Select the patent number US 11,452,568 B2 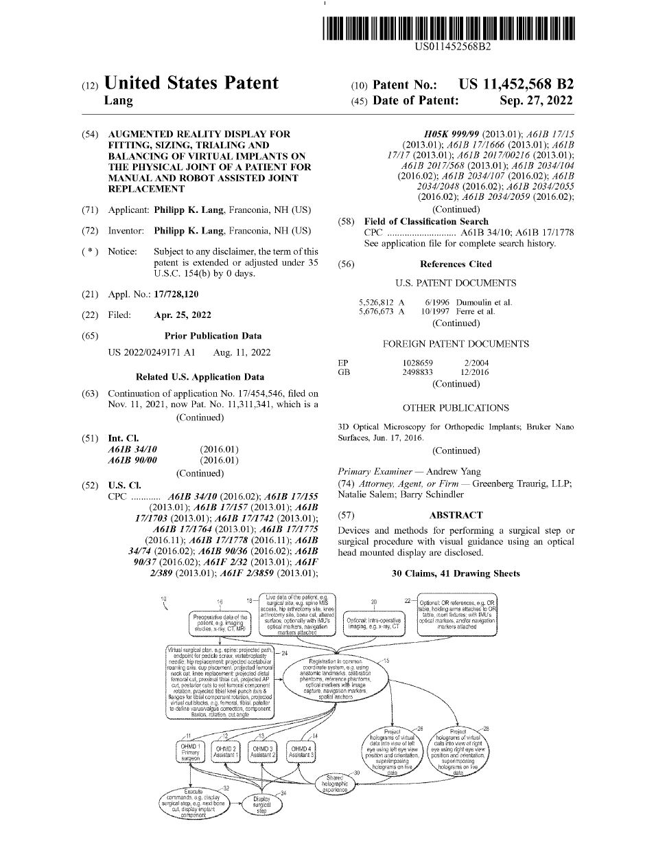[516, 84]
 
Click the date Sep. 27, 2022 [536, 100]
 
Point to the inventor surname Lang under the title [118, 101]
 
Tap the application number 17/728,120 [176, 294]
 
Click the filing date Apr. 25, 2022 [183, 315]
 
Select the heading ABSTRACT [456, 515]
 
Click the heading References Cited [456, 264]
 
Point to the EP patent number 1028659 [417, 363]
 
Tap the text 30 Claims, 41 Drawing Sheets [456, 573]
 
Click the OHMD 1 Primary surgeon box [190, 752]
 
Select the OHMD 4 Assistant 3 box [301, 751]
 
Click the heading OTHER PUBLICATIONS [456, 408]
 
